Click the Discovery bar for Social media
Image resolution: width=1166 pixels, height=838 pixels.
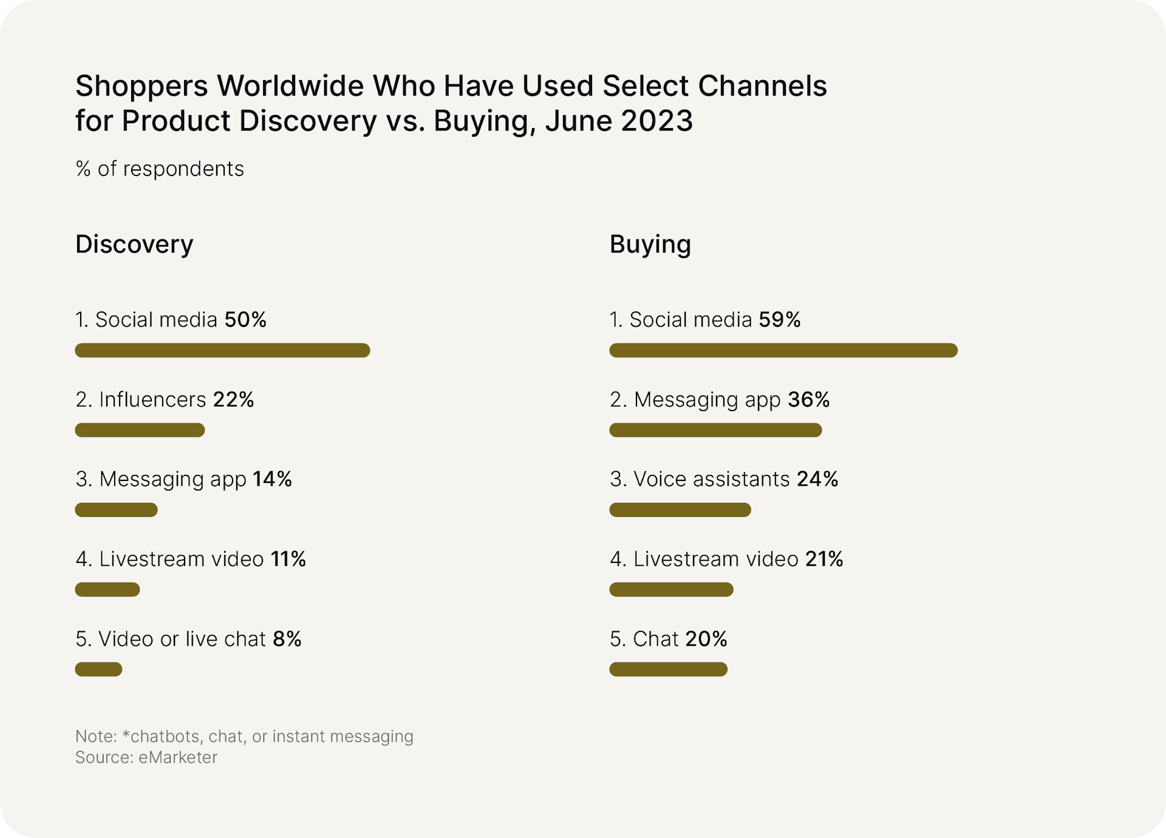pyautogui.click(x=222, y=350)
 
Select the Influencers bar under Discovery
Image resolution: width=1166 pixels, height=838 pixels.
pyautogui.click(x=140, y=430)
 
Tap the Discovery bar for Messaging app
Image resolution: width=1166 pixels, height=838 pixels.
pyautogui.click(x=116, y=510)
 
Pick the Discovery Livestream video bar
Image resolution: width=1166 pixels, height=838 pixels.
pyautogui.click(x=107, y=590)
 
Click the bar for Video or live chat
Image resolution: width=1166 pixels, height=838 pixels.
pyautogui.click(x=98, y=669)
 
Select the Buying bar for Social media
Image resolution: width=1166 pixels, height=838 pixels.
pyautogui.click(x=783, y=350)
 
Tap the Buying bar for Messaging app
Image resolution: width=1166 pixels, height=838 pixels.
pyautogui.click(x=715, y=430)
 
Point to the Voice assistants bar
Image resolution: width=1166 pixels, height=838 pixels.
pyautogui.click(x=680, y=510)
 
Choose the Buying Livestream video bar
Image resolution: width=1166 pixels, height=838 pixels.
pyautogui.click(x=671, y=590)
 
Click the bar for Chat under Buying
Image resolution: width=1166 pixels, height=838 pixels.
pyautogui.click(x=668, y=669)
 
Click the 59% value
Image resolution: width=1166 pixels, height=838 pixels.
pyautogui.click(x=780, y=319)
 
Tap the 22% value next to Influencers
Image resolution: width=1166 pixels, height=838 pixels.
pyautogui.click(x=233, y=400)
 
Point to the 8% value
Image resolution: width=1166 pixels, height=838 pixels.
pyautogui.click(x=287, y=639)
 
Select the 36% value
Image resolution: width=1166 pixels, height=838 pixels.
pyautogui.click(x=808, y=400)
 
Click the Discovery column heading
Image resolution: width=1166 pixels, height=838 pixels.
pyautogui.click(x=134, y=244)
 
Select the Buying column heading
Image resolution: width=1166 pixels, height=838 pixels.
pyautogui.click(x=650, y=244)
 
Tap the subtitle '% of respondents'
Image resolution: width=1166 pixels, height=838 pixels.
pyautogui.click(x=160, y=169)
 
